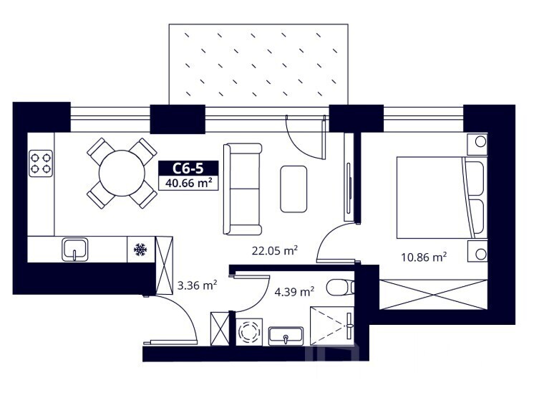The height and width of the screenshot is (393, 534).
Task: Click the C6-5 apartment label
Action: [x=188, y=169]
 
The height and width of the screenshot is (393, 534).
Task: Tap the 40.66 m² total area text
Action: [x=188, y=183]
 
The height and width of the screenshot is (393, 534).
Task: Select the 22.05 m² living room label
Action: [x=275, y=251]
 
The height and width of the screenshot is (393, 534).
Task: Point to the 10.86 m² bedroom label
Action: [x=424, y=257]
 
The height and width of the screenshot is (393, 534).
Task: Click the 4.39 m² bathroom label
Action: [x=294, y=292]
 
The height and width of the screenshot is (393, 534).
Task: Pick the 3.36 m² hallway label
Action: [x=198, y=285]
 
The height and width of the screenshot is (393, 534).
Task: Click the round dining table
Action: [x=122, y=173]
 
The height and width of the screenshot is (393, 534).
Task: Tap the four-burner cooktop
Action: [x=41, y=164]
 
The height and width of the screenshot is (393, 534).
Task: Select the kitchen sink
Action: [x=75, y=250]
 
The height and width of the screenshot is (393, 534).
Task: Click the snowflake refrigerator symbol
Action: [x=140, y=250]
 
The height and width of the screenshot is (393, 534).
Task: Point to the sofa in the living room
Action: [x=243, y=189]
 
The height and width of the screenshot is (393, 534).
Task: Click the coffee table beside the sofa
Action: [x=293, y=189]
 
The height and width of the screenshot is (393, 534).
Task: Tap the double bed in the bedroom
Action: [x=442, y=197]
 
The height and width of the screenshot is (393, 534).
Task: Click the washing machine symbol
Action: [x=249, y=332]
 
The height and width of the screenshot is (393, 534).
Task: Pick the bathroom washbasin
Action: [x=286, y=336]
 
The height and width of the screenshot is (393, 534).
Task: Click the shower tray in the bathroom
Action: [x=332, y=326]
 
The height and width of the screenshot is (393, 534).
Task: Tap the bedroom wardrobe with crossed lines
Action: [x=433, y=295]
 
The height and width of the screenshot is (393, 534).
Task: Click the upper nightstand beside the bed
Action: [x=477, y=144]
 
